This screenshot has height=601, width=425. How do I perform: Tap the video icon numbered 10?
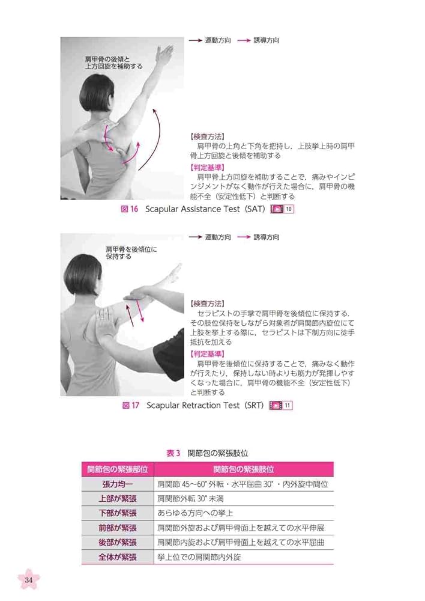(282, 209)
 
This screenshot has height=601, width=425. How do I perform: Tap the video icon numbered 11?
(281, 406)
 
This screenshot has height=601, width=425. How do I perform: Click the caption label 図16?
(130, 209)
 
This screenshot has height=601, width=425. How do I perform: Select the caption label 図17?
(131, 406)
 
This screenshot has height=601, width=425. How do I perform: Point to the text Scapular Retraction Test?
(192, 406)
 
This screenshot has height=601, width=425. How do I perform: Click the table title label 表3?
(173, 453)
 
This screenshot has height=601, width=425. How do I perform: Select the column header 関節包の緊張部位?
(118, 469)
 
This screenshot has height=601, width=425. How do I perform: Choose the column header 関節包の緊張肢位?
(244, 469)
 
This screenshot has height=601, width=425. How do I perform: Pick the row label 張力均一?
(118, 484)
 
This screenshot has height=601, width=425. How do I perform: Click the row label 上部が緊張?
(118, 498)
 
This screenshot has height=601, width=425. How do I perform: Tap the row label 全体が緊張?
(118, 557)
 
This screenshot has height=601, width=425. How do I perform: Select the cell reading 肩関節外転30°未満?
(190, 498)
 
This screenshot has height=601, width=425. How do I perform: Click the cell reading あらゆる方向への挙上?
(194, 513)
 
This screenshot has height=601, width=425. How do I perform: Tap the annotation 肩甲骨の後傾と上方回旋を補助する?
(113, 63)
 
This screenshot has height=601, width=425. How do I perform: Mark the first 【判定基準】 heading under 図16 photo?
(208, 167)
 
